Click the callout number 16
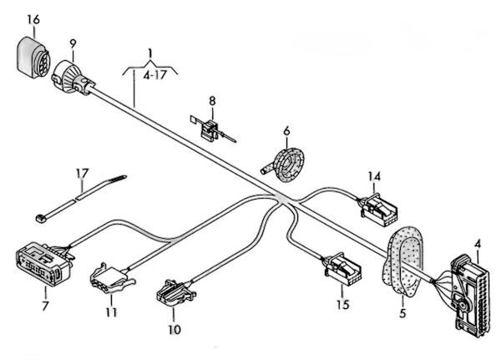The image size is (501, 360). point(33,20)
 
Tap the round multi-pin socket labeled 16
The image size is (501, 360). point(33,58)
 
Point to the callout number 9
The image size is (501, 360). point(73,44)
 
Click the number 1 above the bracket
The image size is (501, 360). point(150,53)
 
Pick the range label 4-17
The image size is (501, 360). point(155,75)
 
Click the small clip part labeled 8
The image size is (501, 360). point(212,130)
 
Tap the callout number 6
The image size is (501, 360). point(286,131)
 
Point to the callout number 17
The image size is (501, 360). point(82,174)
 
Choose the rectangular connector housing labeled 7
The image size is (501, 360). point(44,263)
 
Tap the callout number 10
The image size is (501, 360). point(175,329)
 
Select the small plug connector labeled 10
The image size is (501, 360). point(175,292)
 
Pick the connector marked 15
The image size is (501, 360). point(342,268)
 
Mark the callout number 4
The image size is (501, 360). point(478,244)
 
